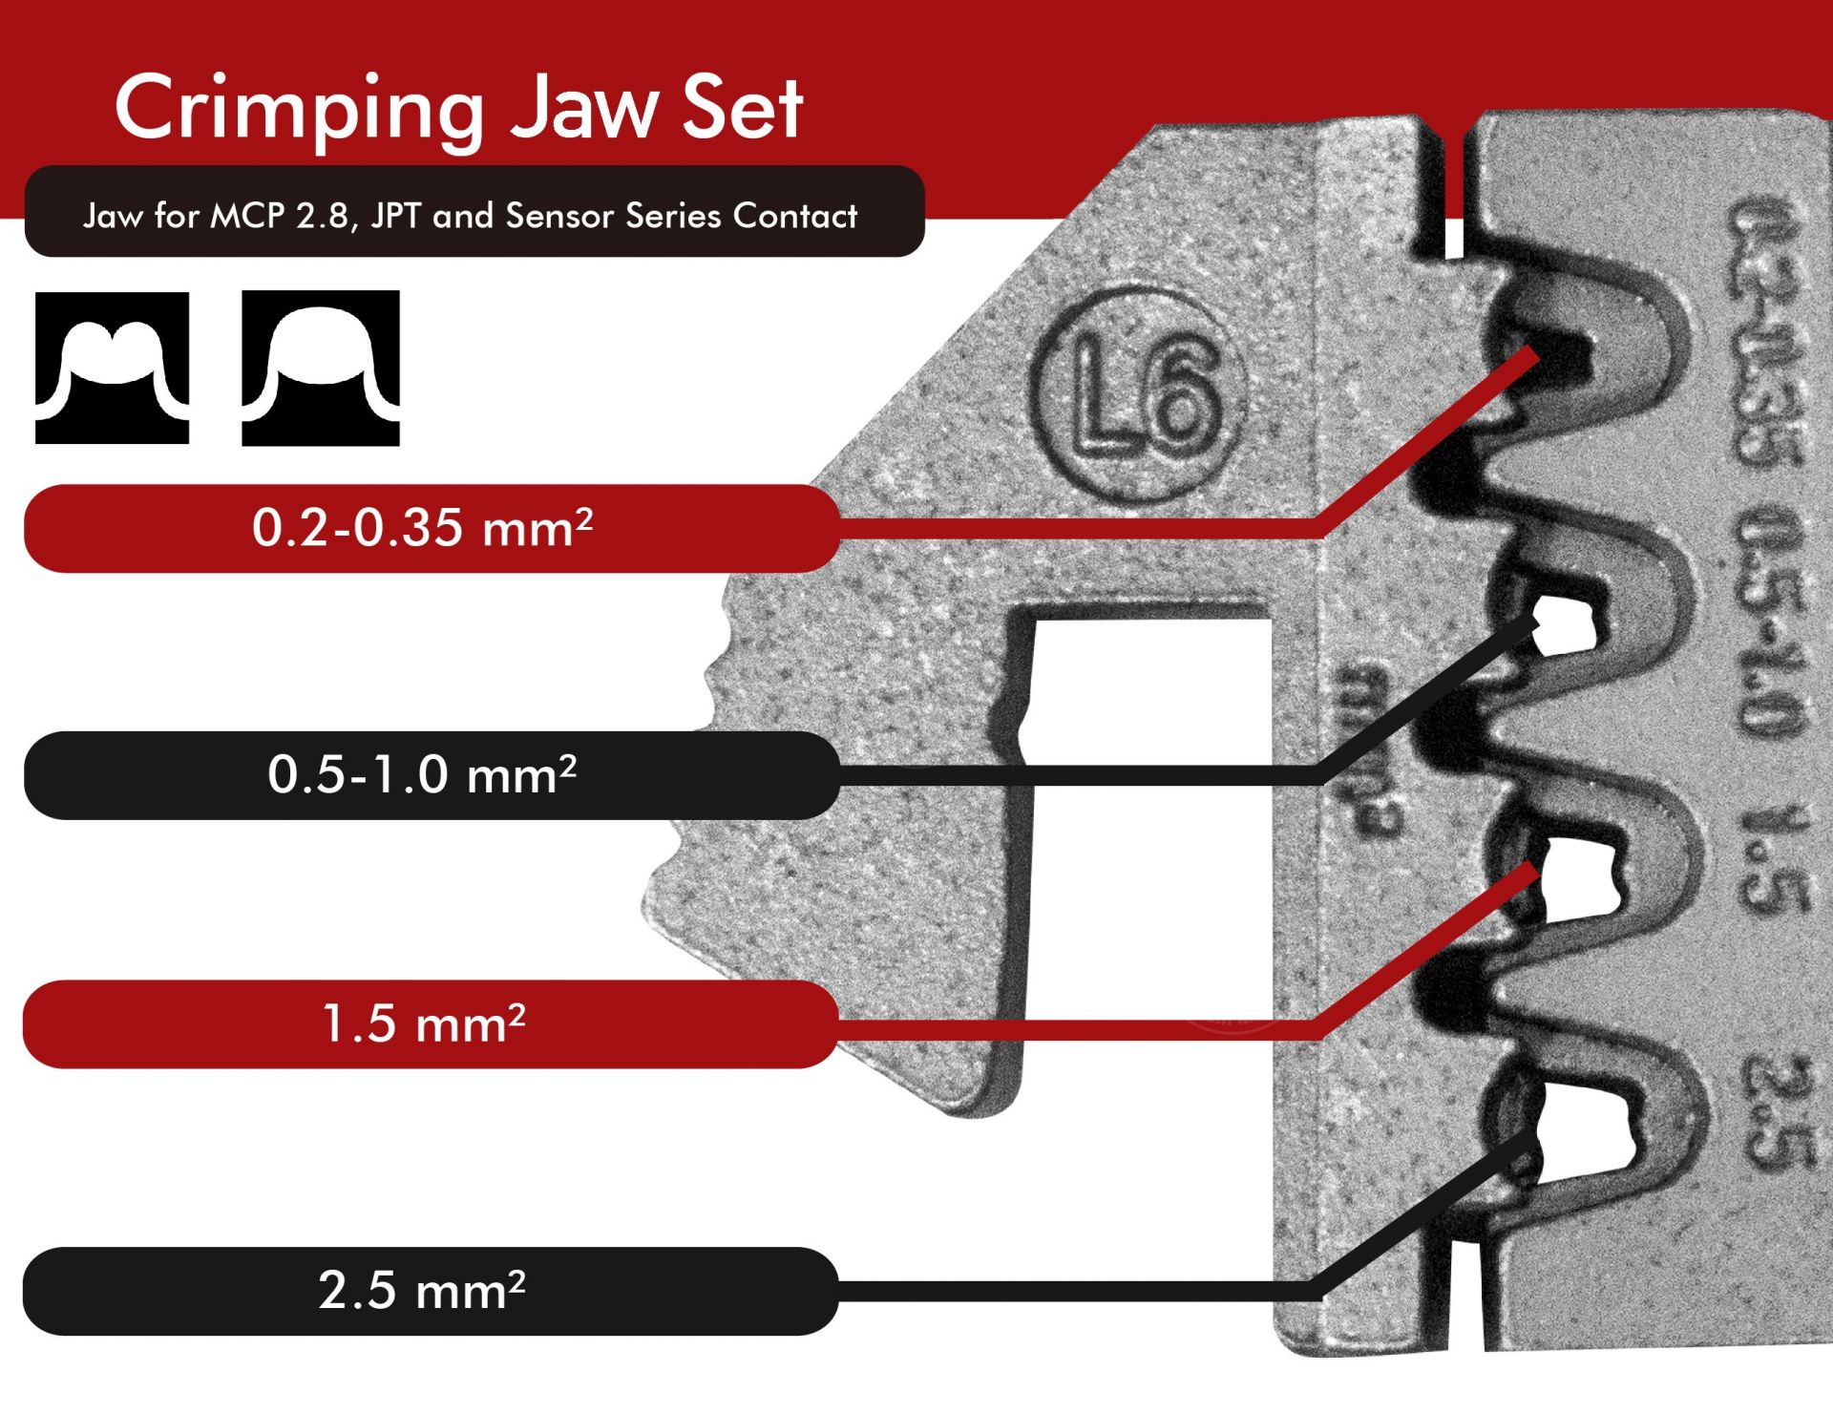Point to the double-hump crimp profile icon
pos(112,368)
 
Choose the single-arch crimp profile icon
pos(320,368)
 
